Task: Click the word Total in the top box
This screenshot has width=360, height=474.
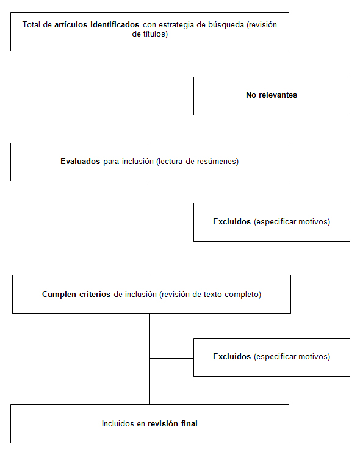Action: pos(31,25)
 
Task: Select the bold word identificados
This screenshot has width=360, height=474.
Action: pos(115,25)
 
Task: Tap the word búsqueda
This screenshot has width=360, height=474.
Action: pos(226,25)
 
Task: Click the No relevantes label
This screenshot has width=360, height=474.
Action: pos(272,95)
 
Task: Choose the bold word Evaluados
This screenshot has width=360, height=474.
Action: pos(80,162)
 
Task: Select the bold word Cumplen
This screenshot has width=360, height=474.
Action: pos(59,295)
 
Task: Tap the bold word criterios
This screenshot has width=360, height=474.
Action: pos(95,295)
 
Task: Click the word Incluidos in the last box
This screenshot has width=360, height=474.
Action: pos(118,424)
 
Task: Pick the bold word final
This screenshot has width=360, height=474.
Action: pos(189,424)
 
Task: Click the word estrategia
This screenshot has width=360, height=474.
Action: pos(176,25)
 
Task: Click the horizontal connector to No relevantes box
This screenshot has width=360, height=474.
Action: pos(172,95)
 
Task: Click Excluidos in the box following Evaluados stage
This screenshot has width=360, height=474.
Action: pos(232,222)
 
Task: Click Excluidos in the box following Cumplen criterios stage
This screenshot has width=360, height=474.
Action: pos(232,357)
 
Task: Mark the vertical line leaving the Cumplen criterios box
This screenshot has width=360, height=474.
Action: pos(150,359)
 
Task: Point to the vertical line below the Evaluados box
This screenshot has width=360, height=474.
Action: pos(151,228)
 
